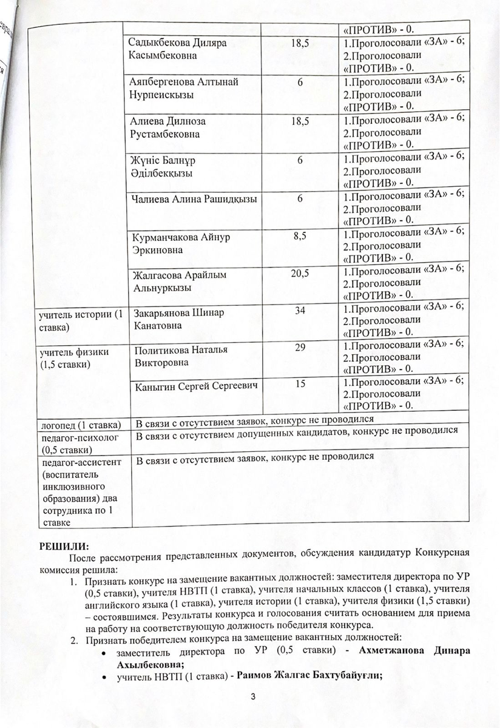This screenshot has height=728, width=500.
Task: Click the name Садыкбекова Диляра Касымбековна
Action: (x=172, y=49)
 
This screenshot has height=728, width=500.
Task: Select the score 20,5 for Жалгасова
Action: (x=300, y=274)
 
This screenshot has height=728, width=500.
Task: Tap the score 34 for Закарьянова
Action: (x=300, y=311)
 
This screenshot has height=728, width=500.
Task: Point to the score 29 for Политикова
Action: (x=300, y=349)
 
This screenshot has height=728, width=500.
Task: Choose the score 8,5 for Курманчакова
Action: (x=300, y=237)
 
